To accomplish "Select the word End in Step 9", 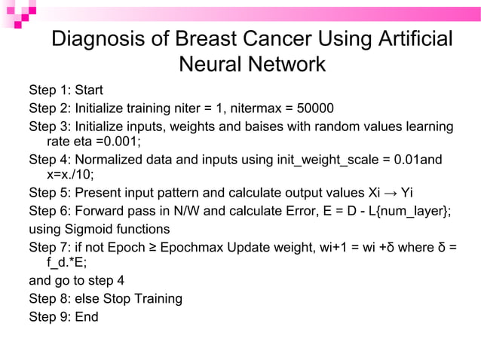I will pos(86,316).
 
